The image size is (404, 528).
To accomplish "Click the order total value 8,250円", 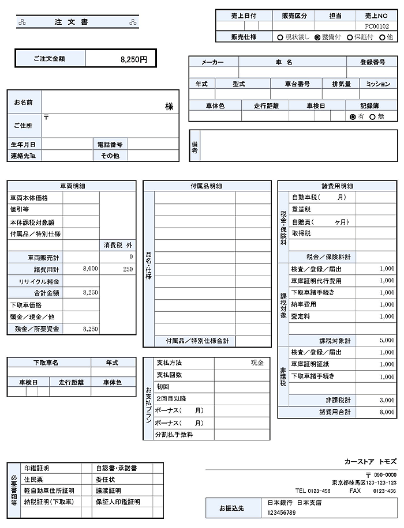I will click(x=134, y=59).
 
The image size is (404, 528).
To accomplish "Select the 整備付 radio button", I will click(x=317, y=37).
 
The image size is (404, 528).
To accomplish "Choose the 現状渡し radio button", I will click(x=280, y=37).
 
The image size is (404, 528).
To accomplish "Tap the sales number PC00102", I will click(x=377, y=26).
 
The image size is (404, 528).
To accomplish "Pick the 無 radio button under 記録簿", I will click(x=373, y=116).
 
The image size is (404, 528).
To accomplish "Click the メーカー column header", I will click(x=212, y=62).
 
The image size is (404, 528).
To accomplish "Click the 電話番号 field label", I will click(x=110, y=144).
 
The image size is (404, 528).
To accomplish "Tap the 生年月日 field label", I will click(x=23, y=144).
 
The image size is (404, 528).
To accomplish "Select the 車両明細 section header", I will click(x=73, y=186).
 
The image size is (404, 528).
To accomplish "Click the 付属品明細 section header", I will click(x=207, y=186).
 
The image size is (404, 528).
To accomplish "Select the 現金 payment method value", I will click(x=257, y=363).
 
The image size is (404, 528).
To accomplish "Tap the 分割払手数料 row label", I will click(x=175, y=435).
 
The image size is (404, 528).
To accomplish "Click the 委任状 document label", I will click(x=105, y=479).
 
